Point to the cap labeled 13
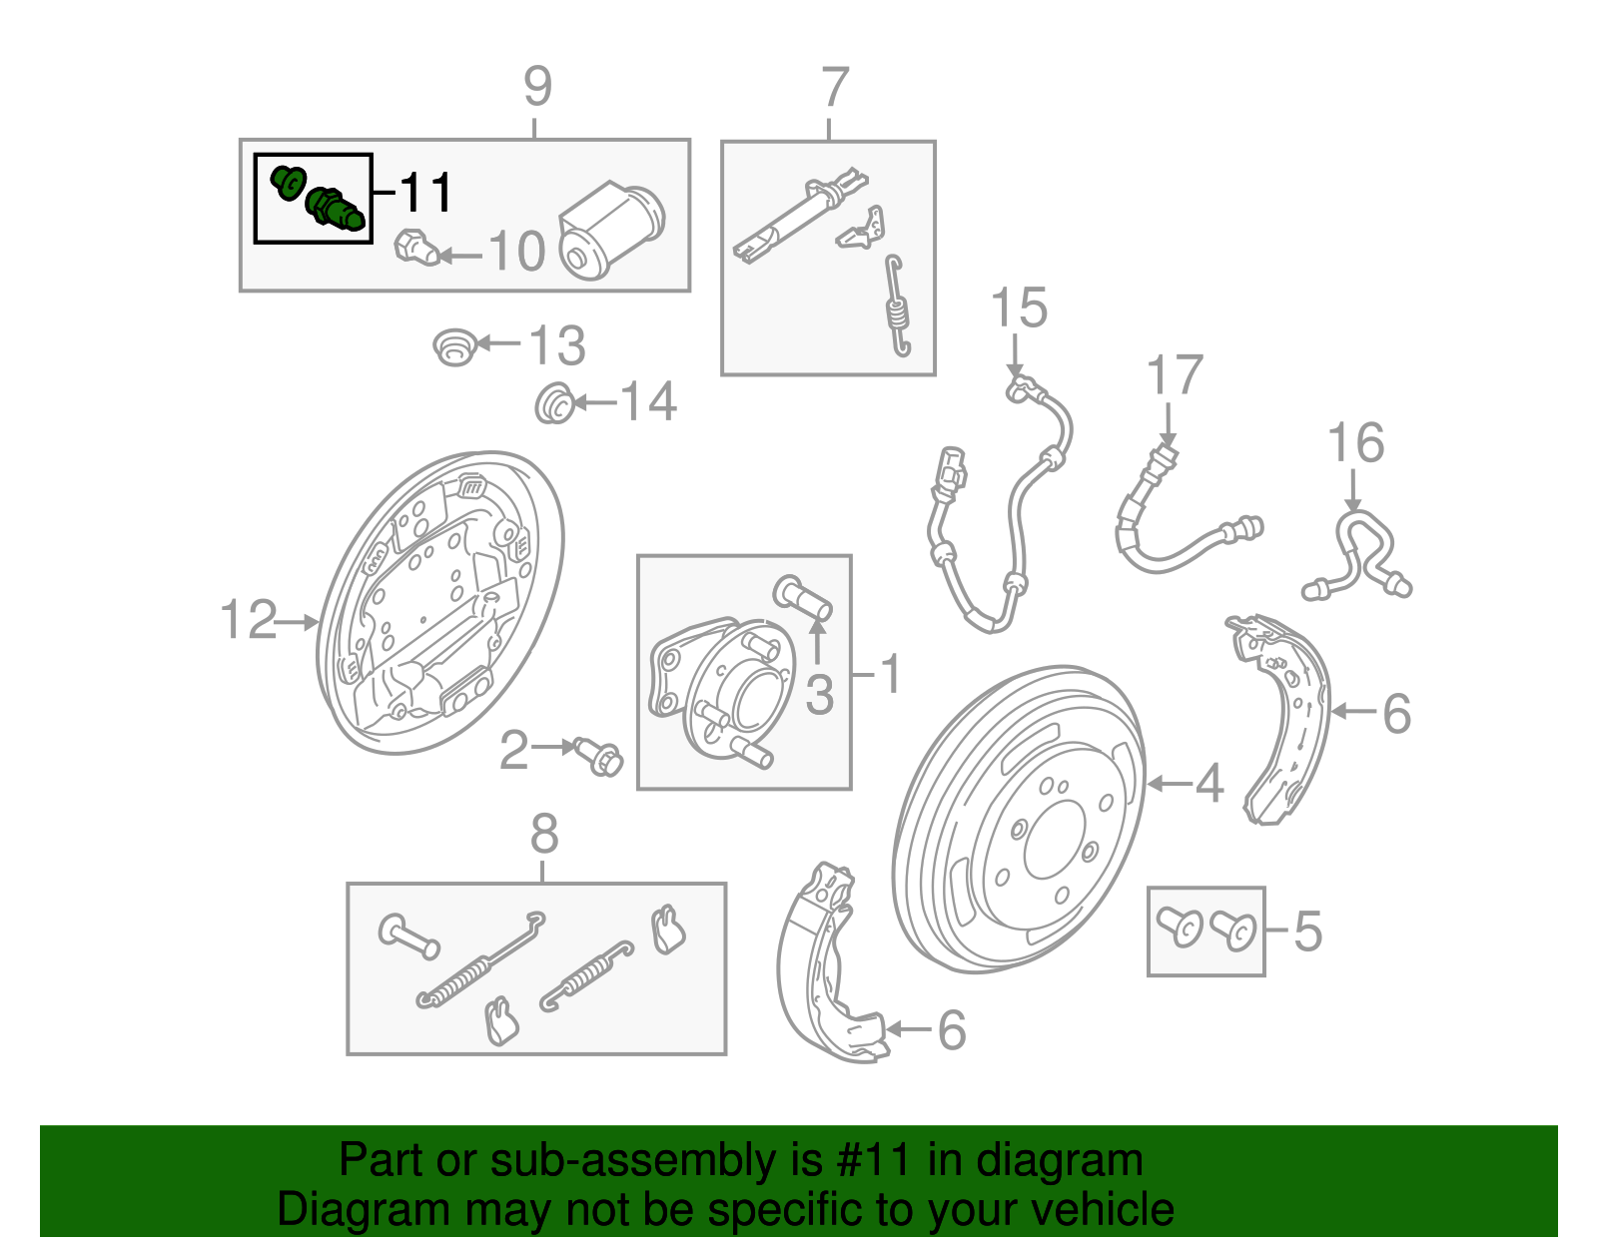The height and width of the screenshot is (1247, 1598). coord(454,346)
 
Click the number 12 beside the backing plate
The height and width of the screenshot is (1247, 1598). coord(248,620)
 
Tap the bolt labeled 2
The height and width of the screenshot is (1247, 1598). coord(599,756)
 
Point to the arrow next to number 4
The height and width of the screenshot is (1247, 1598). coord(1169,784)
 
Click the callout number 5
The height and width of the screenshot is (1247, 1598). coord(1307,931)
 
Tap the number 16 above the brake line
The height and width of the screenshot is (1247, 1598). coord(1355,443)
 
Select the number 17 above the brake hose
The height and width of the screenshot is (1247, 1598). coord(1174,376)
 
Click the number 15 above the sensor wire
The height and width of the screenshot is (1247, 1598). coord(1019,308)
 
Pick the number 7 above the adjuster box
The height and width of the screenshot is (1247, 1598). coord(835,88)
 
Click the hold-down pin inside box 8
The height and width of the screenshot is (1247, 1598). coord(408,936)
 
